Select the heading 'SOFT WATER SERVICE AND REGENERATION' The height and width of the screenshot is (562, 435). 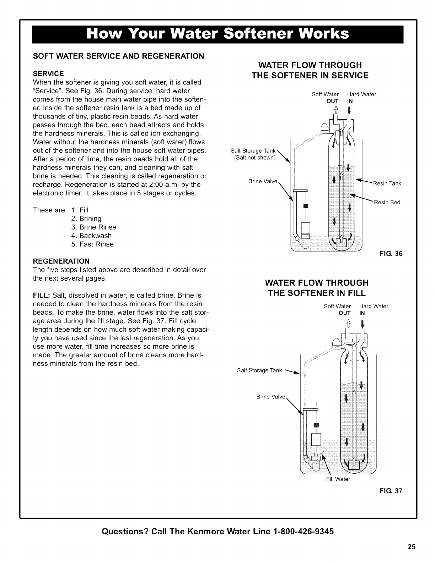118,56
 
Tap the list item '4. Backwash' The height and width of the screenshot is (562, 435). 91,236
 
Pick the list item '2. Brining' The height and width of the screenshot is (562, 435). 86,218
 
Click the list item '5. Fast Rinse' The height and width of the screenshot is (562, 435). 92,244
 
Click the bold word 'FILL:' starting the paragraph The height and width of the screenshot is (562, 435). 42,295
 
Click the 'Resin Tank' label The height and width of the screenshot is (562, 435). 387,183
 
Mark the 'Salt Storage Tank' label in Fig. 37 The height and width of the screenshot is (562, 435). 259,371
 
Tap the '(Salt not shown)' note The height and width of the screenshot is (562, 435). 255,158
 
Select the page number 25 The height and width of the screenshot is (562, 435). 412,546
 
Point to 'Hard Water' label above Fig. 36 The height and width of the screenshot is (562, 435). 361,94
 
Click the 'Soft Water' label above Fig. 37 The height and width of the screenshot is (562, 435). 337,306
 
